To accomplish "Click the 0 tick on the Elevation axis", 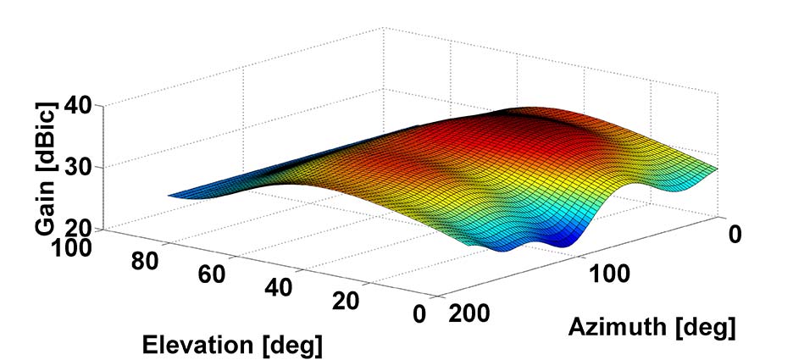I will (418, 314).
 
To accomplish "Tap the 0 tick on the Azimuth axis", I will (735, 235).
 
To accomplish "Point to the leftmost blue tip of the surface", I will (174, 195).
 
